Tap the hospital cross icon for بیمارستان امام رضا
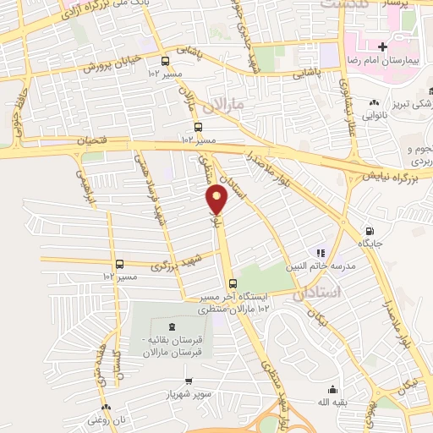tap(383, 47)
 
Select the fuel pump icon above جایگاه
tap(369, 231)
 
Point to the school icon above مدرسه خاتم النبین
tap(320, 252)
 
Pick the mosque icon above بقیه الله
tap(332, 389)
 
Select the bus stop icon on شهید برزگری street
tap(120, 263)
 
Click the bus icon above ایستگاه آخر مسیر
tap(233, 284)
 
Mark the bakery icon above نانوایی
tap(373, 104)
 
